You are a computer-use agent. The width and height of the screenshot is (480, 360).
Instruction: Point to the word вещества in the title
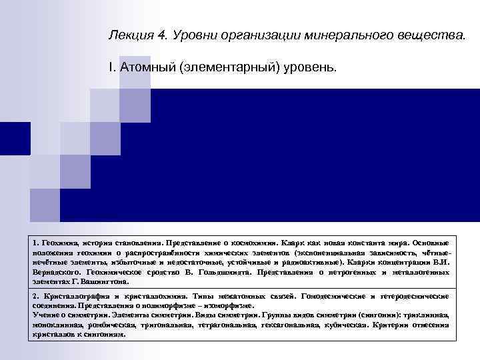tap(429, 35)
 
